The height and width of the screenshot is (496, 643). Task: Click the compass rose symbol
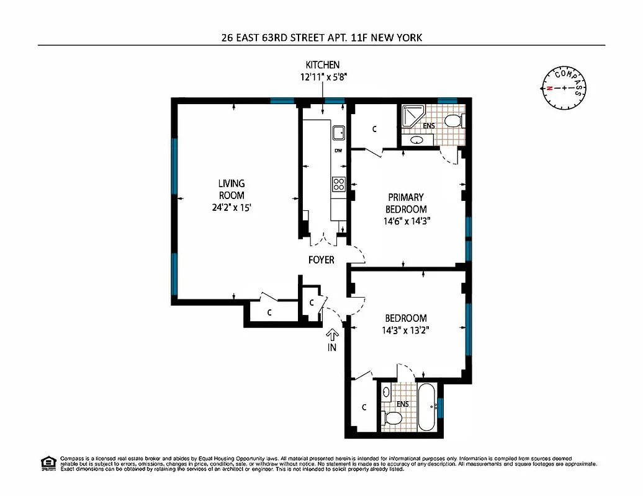tap(563, 88)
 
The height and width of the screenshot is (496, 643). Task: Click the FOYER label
tap(321, 260)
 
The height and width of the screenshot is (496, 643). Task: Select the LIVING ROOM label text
tap(232, 189)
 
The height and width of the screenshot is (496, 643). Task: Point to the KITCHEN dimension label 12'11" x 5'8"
tap(322, 77)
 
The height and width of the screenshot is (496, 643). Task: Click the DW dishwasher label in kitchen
tap(338, 151)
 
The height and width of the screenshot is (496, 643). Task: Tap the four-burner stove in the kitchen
tap(339, 184)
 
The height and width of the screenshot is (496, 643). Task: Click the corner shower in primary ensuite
tap(410, 115)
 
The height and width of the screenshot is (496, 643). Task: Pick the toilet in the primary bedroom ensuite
tap(454, 120)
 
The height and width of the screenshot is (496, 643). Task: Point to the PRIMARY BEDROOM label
tap(406, 203)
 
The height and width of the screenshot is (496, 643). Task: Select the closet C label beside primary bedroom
tap(374, 130)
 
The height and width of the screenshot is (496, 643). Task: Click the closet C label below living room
tap(269, 312)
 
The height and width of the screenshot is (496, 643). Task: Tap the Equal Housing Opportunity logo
tap(47, 463)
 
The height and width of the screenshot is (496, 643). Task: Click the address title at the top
tap(321, 37)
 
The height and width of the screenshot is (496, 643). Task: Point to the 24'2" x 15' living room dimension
tap(232, 209)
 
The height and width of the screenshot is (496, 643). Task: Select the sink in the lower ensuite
tap(386, 392)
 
